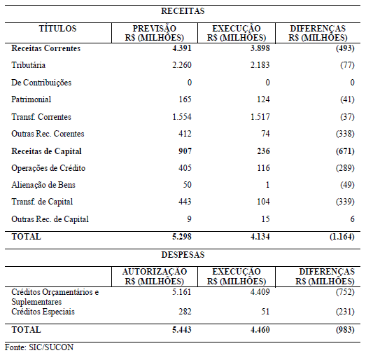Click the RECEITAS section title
(183, 11)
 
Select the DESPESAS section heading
(183, 255)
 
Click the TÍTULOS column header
(57, 29)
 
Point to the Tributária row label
(28, 65)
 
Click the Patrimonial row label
(31, 99)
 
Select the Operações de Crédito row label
(48, 168)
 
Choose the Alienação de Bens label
(43, 185)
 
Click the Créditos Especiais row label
(43, 312)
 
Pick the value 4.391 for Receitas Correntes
(182, 48)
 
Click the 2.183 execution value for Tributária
(260, 65)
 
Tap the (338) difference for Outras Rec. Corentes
(345, 134)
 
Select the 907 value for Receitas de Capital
(185, 151)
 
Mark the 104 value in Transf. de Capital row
(263, 202)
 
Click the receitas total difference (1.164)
(342, 237)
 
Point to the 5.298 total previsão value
(182, 237)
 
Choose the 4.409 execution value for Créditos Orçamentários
(260, 292)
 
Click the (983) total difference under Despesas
(345, 330)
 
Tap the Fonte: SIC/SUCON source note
(39, 347)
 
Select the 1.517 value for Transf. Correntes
(260, 116)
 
